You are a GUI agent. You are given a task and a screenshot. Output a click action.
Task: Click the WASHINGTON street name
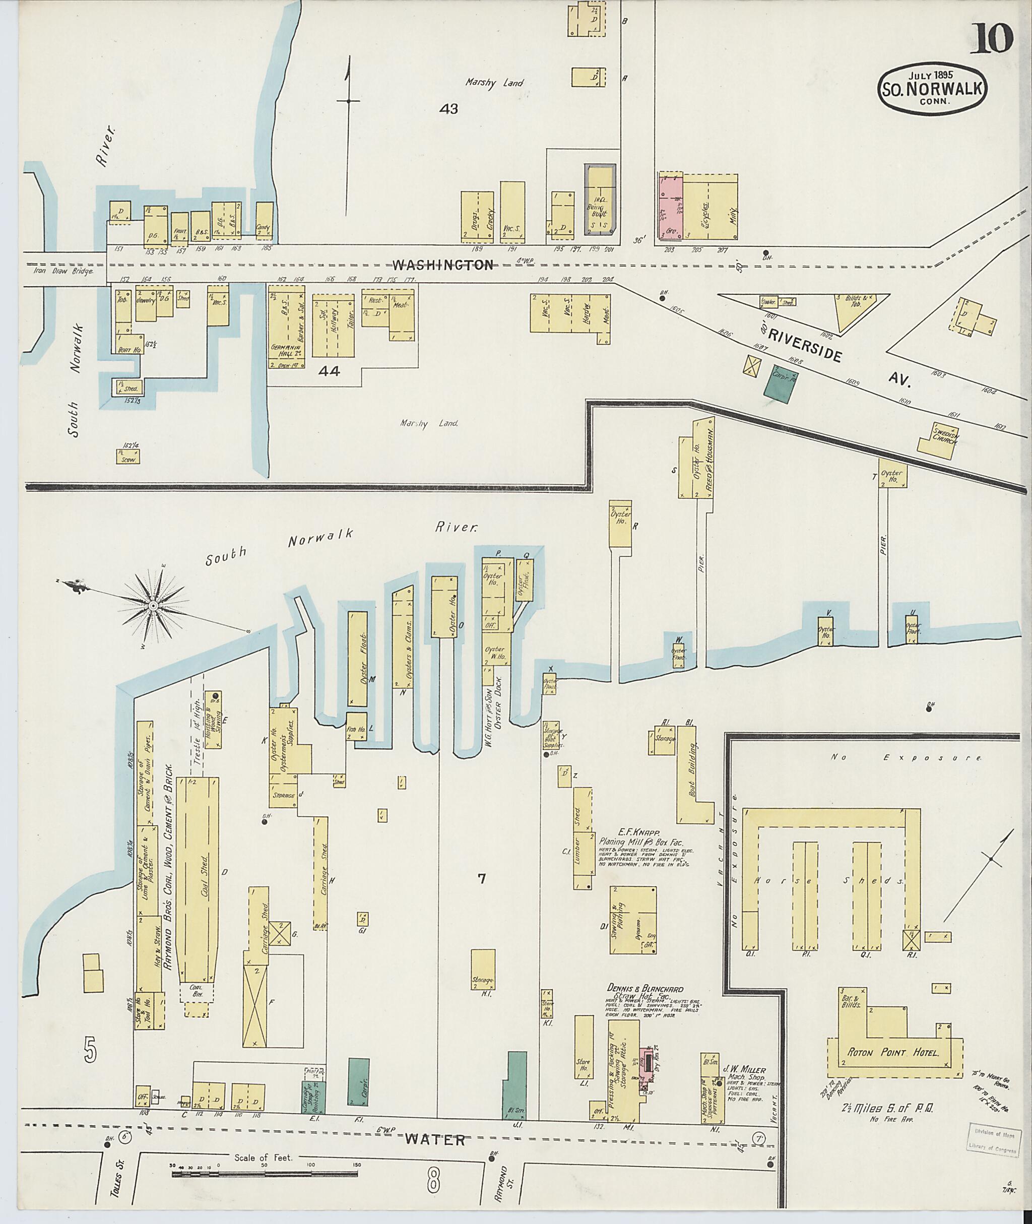tap(450, 265)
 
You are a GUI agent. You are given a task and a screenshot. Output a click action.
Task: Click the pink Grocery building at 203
tap(671, 206)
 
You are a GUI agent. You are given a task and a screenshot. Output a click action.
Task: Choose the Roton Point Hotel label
tap(894, 1053)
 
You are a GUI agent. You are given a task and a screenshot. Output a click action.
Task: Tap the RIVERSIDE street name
tap(804, 345)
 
